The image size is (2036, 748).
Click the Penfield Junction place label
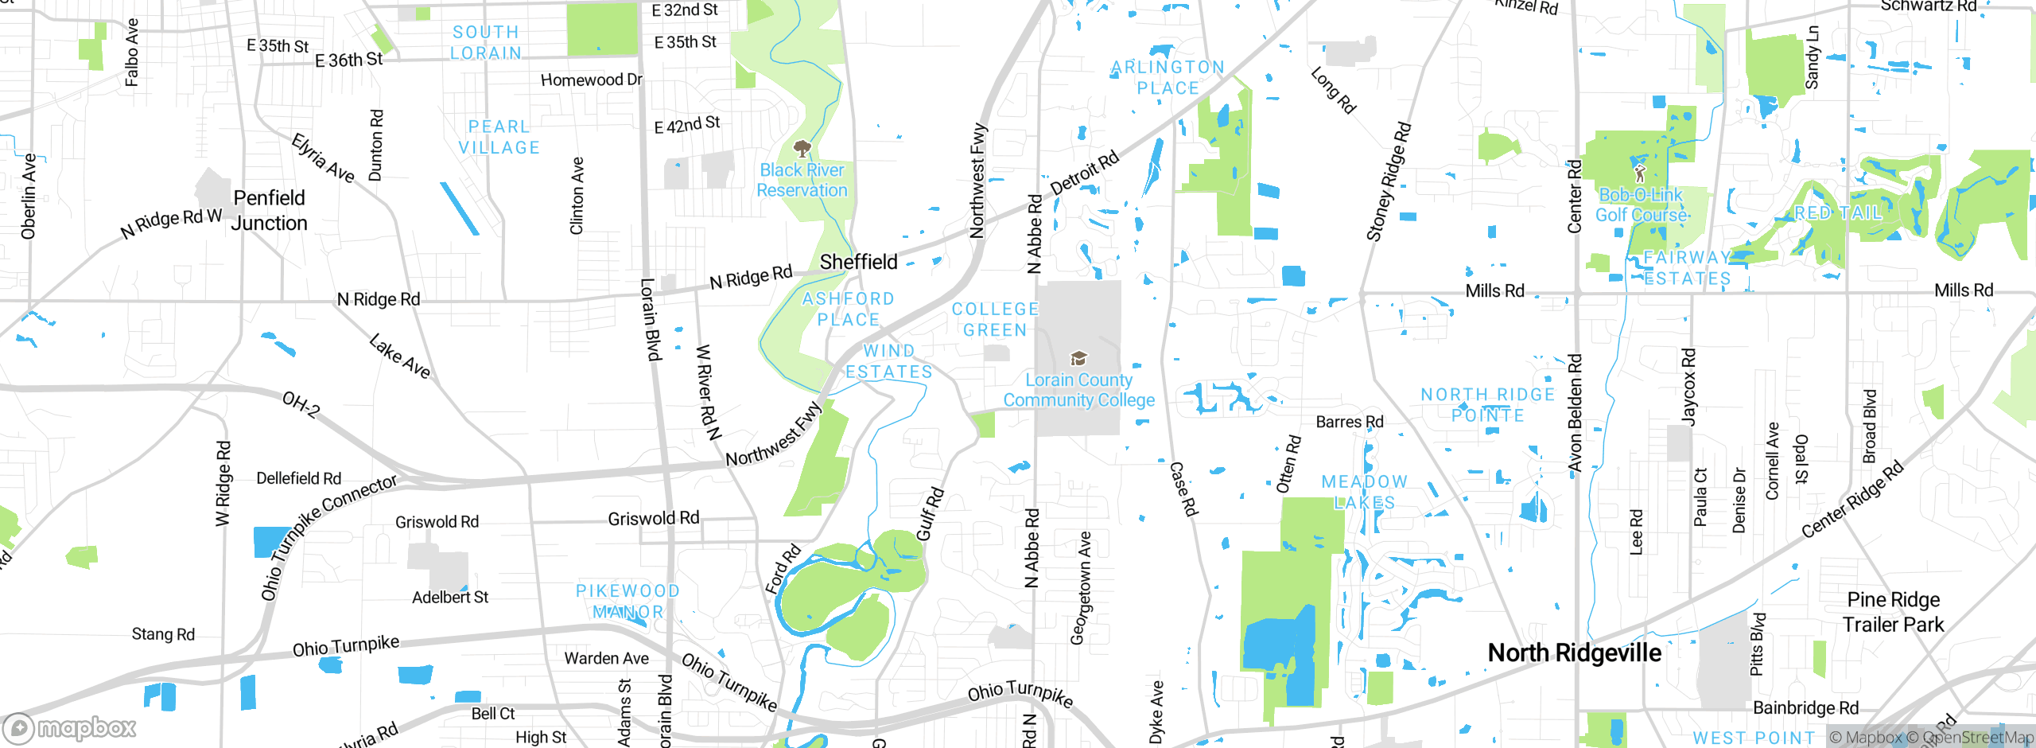[269, 210]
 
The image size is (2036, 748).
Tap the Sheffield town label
[858, 262]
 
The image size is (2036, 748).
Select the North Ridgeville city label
[1574, 653]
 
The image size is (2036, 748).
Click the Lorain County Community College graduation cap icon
[1078, 358]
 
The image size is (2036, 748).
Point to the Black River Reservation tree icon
[802, 148]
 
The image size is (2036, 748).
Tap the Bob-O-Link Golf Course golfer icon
[1639, 173]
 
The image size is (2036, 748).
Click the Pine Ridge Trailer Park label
[1893, 612]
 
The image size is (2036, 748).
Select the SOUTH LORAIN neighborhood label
[485, 42]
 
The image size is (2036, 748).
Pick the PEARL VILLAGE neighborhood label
[499, 137]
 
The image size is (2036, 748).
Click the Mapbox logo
[70, 728]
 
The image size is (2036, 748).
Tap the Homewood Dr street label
[591, 80]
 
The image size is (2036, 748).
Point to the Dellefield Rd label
[298, 478]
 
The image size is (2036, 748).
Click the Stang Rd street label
[163, 634]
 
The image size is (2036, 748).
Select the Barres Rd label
[1349, 422]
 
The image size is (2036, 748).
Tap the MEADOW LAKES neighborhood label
[1364, 492]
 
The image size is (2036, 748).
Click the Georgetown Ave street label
[1081, 587]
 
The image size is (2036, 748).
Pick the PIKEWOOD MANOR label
[628, 601]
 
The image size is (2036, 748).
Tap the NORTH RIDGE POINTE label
[1487, 404]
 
